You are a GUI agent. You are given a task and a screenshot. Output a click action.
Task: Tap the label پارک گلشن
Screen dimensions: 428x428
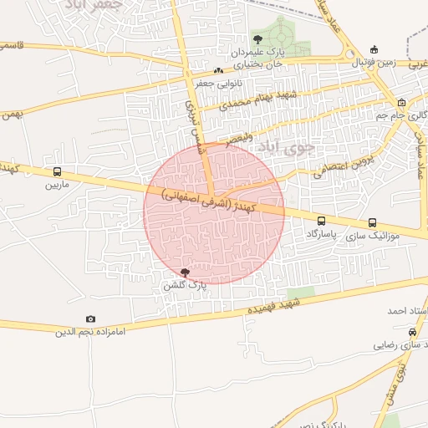pyautogui.click(x=185, y=285)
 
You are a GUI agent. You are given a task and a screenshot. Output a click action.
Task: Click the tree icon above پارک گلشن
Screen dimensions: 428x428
pyautogui.click(x=185, y=273)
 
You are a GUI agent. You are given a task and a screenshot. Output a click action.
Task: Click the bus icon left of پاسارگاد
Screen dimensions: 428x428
pyautogui.click(x=322, y=221)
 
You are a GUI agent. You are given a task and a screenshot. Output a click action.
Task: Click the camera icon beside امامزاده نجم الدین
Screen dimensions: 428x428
pyautogui.click(x=90, y=318)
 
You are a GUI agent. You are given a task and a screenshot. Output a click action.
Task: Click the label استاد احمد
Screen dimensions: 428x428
pyautogui.click(x=408, y=310)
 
